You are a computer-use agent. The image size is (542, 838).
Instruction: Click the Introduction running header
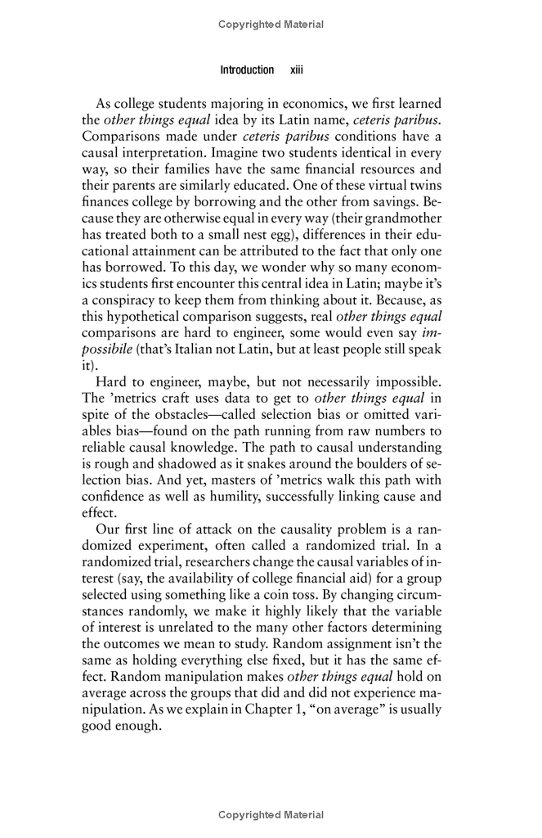(247, 70)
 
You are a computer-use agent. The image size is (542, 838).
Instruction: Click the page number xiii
(297, 70)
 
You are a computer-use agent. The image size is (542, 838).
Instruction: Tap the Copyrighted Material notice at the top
(271, 25)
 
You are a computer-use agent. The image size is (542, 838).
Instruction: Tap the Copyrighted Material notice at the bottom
(271, 815)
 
